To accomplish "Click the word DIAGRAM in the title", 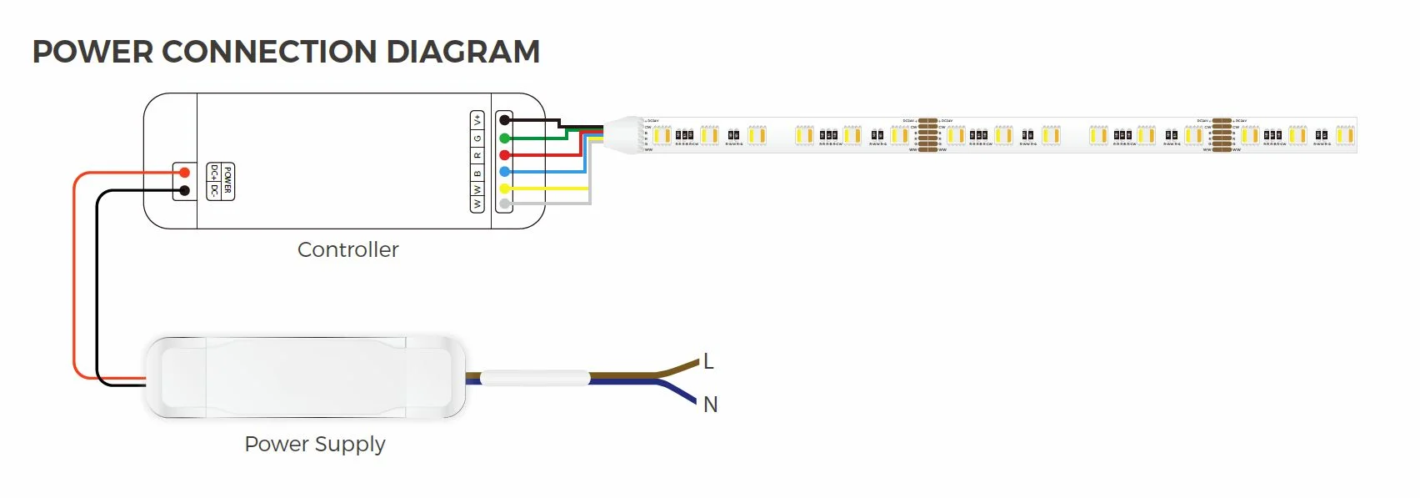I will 462,52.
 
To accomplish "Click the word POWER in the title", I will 92,52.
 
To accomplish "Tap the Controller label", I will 347,249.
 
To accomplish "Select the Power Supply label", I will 314,444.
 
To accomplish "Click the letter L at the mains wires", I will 708,361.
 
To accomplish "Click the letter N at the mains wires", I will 710,405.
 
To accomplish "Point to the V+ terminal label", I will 477,119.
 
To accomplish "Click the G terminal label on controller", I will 477,138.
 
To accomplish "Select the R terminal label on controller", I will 477,155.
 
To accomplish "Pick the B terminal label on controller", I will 477,173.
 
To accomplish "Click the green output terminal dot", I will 504,138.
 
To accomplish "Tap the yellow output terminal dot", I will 504,189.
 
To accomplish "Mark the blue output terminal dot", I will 504,172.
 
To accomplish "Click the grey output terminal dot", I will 504,204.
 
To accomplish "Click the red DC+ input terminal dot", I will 185,173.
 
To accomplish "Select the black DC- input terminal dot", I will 185,191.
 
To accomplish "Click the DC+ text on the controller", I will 214,173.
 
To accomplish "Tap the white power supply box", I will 304,377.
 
